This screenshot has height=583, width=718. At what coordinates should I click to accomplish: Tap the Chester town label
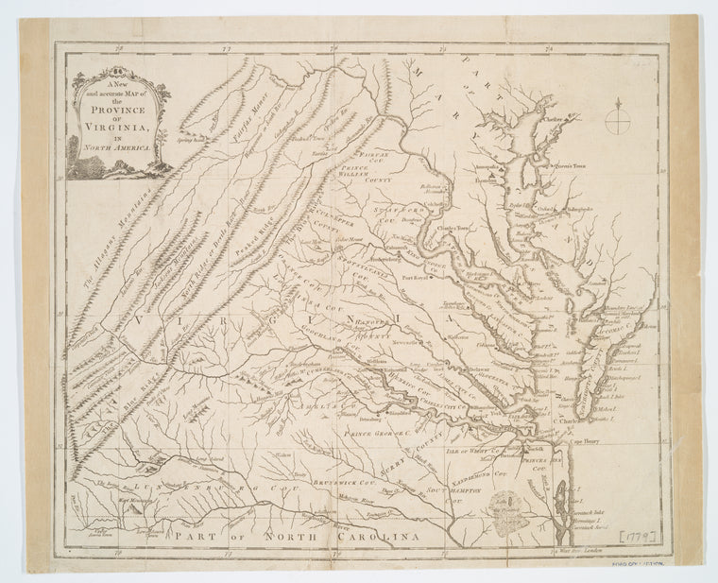coord(557,120)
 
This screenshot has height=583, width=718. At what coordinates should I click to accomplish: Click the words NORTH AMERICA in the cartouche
coord(120,149)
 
